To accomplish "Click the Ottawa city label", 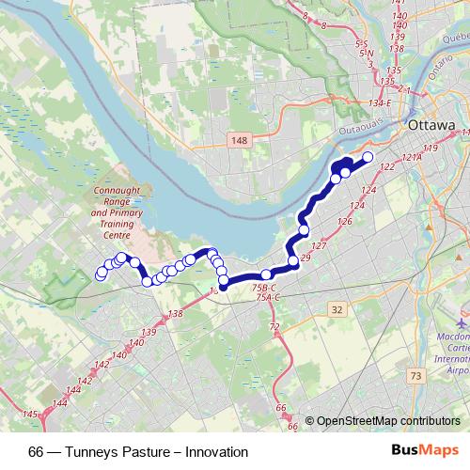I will coord(431,125).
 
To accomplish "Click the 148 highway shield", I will coord(238,140).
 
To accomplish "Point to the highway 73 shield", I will coord(415,375).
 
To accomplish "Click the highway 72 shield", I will coord(275,326).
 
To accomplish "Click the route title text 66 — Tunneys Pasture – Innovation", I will coord(138,452).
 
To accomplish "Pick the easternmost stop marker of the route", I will coord(368,157).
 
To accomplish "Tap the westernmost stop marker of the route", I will coord(101,275).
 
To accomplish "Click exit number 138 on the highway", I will coord(174,314).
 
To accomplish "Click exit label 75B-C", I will coord(266,288).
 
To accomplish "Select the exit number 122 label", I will coord(384,166).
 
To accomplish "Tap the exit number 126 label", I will coord(345,223).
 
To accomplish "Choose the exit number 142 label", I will coord(86,380).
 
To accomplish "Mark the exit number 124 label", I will coord(368,191).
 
